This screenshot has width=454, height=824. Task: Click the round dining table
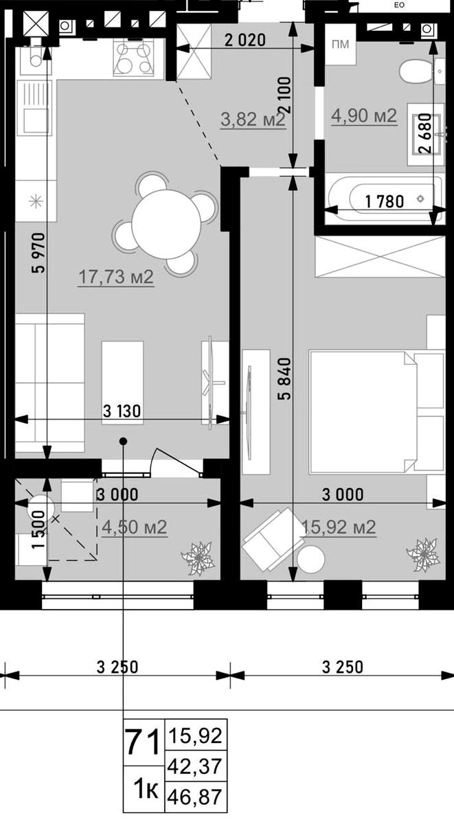tap(166, 225)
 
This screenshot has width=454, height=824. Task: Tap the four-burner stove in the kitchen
tap(133, 58)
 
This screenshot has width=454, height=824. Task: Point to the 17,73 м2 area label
tap(116, 277)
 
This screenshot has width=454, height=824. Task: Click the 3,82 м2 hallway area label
tap(253, 119)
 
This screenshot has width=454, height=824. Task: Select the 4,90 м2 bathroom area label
tap(364, 116)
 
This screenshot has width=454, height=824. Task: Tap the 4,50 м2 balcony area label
tap(135, 527)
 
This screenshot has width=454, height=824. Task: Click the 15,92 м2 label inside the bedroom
tap(339, 527)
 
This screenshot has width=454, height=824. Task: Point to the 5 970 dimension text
tap(39, 253)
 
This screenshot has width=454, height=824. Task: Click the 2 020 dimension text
tap(245, 40)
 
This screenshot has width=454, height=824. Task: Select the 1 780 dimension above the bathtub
tap(385, 202)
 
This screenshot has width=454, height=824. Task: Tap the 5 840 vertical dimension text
tap(286, 379)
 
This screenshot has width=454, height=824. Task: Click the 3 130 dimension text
tap(122, 411)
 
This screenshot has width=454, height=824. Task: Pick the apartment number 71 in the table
tap(143, 742)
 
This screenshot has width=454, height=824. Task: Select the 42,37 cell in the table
tap(195, 766)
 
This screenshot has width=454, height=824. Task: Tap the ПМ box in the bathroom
tap(340, 45)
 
